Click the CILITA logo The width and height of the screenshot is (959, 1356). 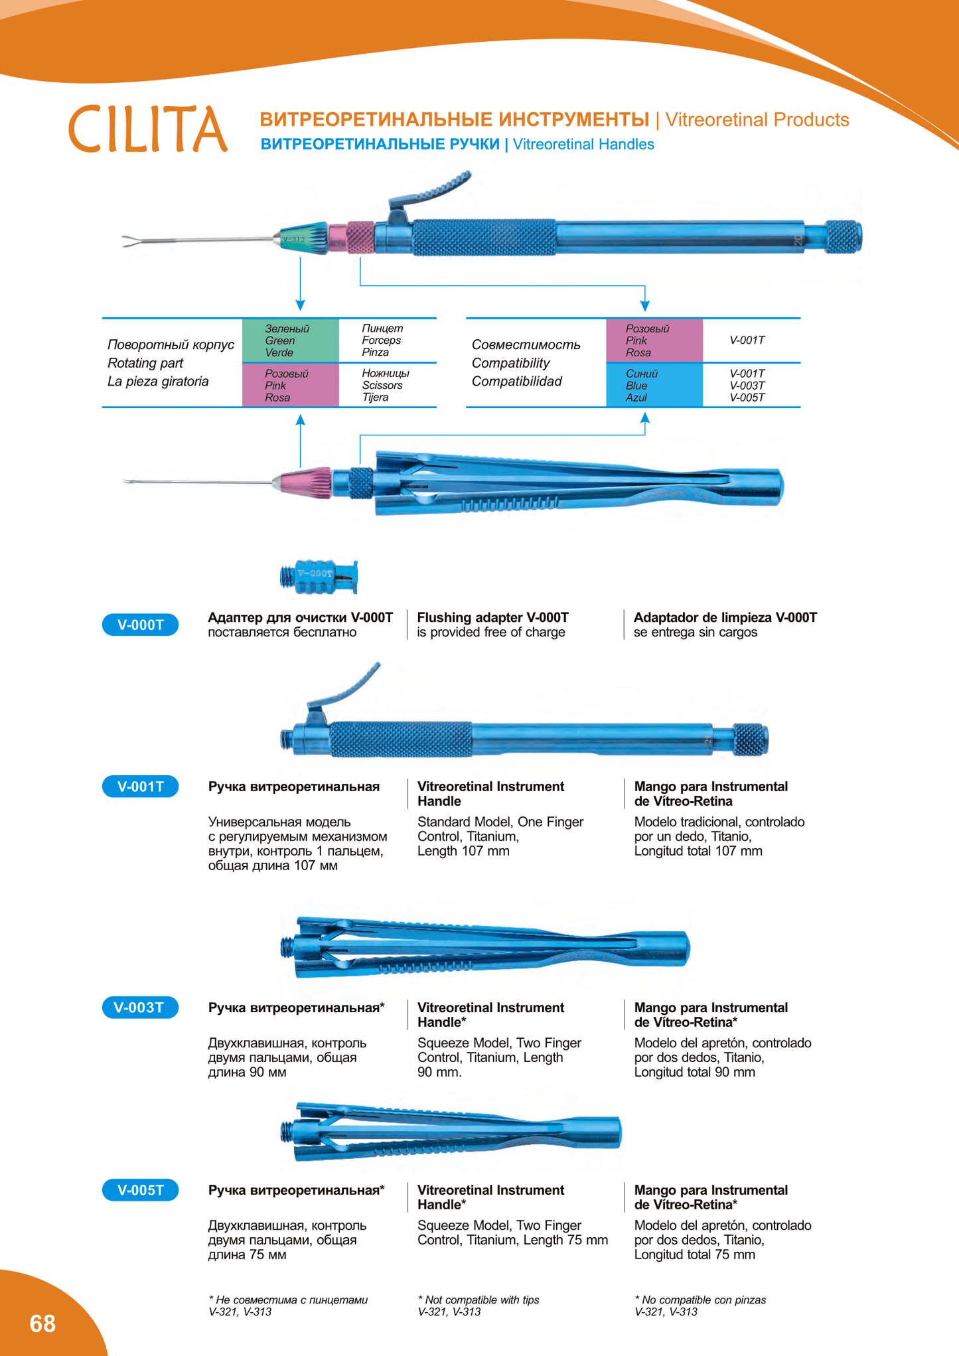click(147, 128)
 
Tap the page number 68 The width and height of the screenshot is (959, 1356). click(42, 1323)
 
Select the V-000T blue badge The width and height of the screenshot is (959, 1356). click(140, 625)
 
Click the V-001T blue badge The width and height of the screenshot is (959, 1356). click(140, 787)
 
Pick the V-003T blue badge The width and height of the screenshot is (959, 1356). click(140, 1008)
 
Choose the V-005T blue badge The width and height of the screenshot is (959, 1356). click(140, 1190)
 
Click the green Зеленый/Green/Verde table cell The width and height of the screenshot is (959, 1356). click(290, 340)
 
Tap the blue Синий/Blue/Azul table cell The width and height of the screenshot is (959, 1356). click(654, 386)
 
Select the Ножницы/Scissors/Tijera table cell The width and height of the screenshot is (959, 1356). click(386, 386)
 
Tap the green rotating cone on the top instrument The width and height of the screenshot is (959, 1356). click(305, 239)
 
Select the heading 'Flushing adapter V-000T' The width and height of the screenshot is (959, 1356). click(492, 617)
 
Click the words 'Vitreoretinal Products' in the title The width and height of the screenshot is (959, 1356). click(757, 119)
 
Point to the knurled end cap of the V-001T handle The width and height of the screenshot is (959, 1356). click(750, 739)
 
